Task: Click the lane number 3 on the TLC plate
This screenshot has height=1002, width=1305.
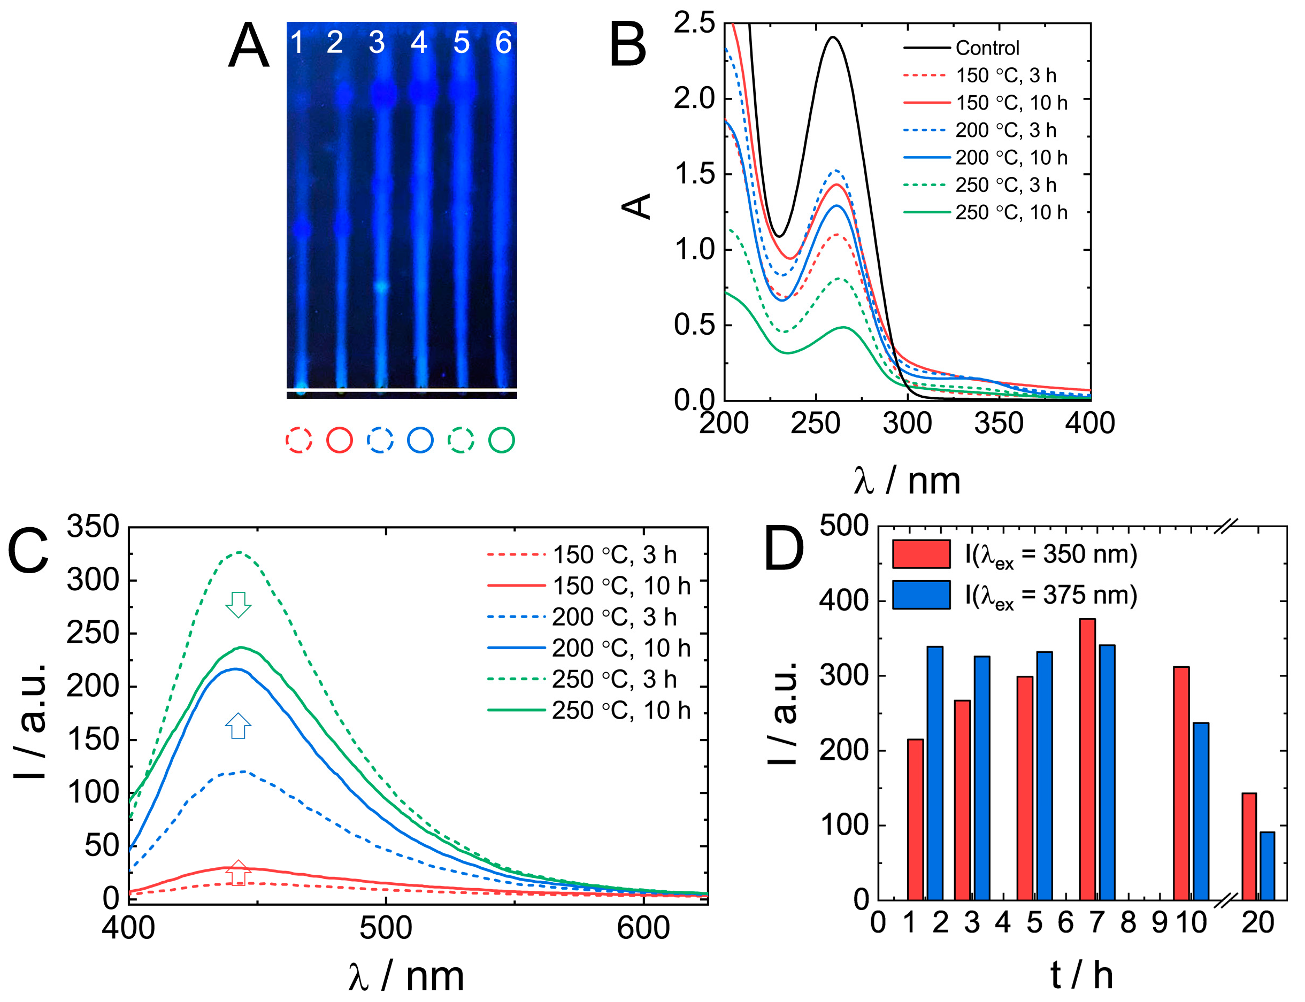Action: pos(377,42)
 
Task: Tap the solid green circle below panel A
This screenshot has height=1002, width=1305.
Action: pos(502,440)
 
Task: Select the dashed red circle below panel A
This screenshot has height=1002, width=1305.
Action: pos(299,440)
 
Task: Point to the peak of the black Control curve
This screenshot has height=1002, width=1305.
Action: pos(833,37)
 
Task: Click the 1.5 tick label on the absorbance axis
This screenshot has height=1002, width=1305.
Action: pos(694,174)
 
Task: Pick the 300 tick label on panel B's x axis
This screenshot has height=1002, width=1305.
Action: pos(907,423)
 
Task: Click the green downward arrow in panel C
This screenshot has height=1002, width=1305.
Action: pos(239,604)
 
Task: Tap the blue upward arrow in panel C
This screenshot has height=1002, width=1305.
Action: pos(238,726)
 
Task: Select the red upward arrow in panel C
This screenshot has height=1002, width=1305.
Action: pos(238,873)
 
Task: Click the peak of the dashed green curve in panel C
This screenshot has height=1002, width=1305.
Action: pos(239,552)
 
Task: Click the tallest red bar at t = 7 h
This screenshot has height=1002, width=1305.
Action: pos(1087,759)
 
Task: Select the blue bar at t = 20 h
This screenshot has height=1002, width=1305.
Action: pos(1267,866)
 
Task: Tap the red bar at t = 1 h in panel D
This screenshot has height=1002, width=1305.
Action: pos(915,819)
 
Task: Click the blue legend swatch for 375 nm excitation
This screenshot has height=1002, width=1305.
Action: pos(921,595)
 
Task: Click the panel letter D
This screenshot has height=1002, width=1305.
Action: pos(784,548)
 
